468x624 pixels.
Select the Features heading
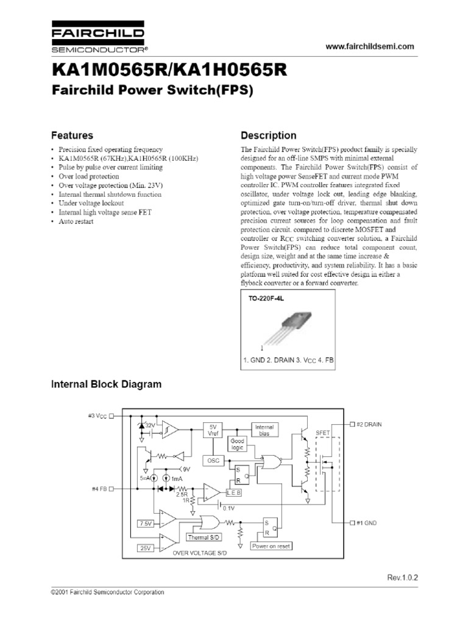pos(72,136)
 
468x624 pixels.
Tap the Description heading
pos(269,136)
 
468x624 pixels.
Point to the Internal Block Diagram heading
pos(106,384)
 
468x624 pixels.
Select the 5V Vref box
pos(213,430)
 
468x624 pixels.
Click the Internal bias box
pos(264,431)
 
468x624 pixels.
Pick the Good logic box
pos(236,444)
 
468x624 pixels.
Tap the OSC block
pos(213,460)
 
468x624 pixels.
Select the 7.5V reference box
pos(146,523)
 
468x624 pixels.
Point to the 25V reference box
pos(146,548)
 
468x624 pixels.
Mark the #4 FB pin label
pos(98,489)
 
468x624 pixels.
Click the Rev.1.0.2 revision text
pos(403,576)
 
